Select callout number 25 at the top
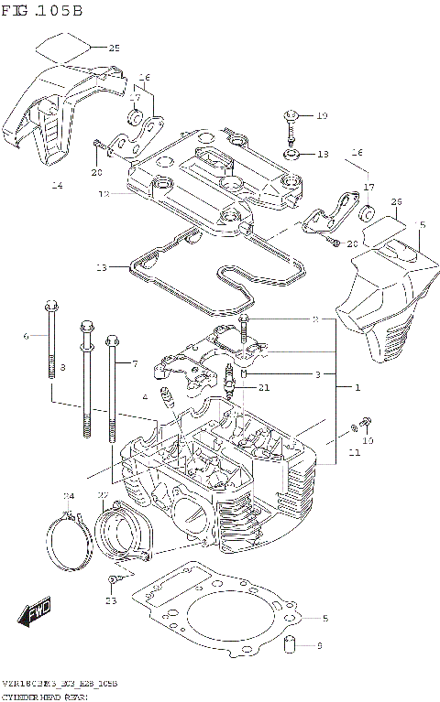pyautogui.click(x=114, y=48)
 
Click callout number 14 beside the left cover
pyautogui.click(x=57, y=186)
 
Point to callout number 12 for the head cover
pyautogui.click(x=104, y=194)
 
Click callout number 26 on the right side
pyautogui.click(x=396, y=201)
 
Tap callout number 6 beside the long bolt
pyautogui.click(x=27, y=336)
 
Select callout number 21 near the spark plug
pyautogui.click(x=265, y=388)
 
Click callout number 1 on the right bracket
pyautogui.click(x=357, y=388)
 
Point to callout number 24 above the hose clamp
pyautogui.click(x=68, y=496)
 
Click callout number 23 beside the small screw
pyautogui.click(x=111, y=600)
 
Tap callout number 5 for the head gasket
pyautogui.click(x=324, y=618)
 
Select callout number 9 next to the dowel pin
pyautogui.click(x=319, y=646)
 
